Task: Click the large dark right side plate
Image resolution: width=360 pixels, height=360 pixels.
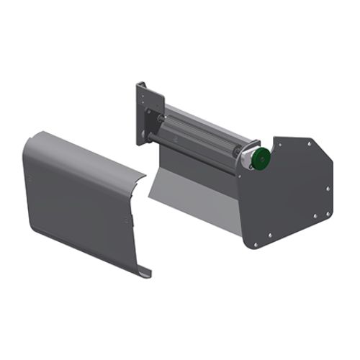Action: click(x=292, y=191)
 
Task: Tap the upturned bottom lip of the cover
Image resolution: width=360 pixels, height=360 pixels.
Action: click(x=144, y=273)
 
